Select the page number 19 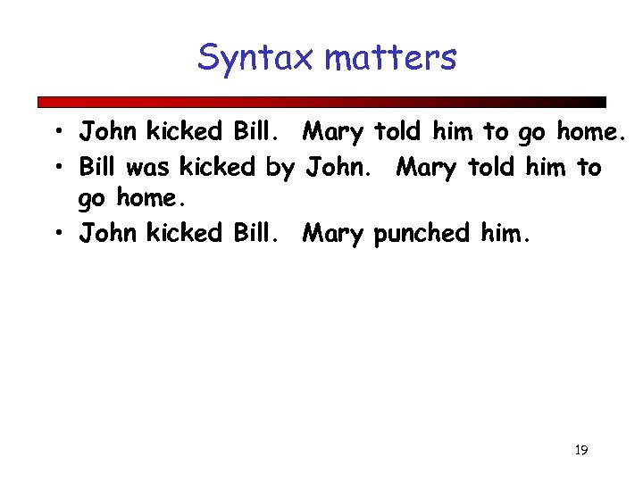580,450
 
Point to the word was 150,167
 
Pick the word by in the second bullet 280,167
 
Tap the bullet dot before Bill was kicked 56,167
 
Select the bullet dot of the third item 56,234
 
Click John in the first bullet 107,132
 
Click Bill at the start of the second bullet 99,167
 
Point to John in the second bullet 339,167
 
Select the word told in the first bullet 398,132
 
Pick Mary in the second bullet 427,167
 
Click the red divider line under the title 321,102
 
